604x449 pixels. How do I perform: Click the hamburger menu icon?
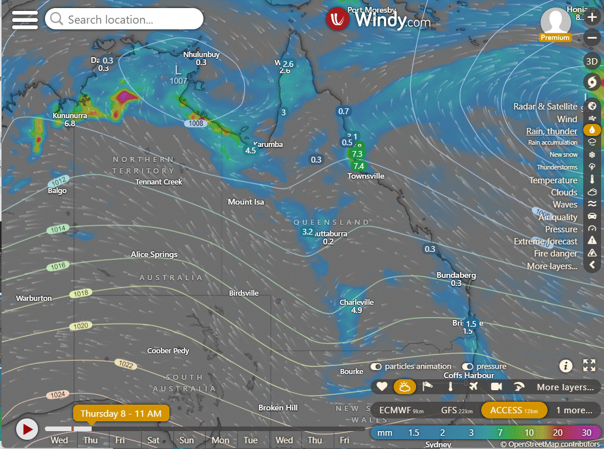click(25, 20)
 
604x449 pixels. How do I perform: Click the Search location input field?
click(124, 19)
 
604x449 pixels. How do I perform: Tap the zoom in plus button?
click(592, 17)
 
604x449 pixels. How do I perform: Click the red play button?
click(27, 429)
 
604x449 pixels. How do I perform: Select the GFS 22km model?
click(457, 410)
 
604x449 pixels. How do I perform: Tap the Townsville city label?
click(365, 176)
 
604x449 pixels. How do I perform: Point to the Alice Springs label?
click(154, 255)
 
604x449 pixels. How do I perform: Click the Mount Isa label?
click(246, 202)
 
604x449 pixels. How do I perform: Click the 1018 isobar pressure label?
click(81, 294)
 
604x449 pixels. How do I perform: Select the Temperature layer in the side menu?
click(553, 180)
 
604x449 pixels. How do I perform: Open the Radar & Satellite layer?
click(545, 107)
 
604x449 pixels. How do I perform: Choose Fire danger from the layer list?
click(555, 254)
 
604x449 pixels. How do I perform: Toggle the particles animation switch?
click(376, 367)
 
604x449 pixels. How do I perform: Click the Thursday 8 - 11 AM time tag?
click(121, 414)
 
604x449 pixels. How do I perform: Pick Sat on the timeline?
click(153, 440)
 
